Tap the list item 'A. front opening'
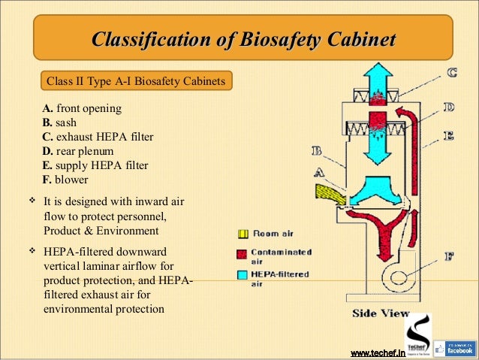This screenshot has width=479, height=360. coord(81,109)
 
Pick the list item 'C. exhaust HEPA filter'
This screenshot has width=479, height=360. coord(98,138)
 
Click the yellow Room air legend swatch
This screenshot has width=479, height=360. coord(243,234)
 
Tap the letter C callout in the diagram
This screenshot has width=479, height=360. coord(453,73)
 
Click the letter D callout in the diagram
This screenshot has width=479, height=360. coord(447,107)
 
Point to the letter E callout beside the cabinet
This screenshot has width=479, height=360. coord(448,135)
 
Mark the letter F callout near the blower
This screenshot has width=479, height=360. coord(448,256)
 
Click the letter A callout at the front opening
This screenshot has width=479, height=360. coord(318,172)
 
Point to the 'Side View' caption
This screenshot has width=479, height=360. coord(381,313)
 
